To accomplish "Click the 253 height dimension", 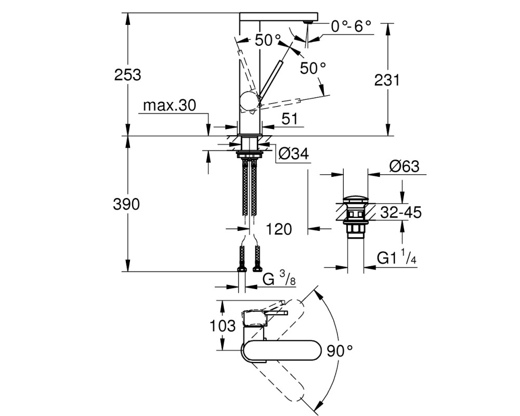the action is pos(128,75).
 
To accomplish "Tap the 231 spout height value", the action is pos(387,80).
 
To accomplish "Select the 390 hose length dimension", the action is pos(126,204).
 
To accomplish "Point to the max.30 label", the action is pos(170,106).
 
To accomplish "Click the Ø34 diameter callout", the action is pos(294,153).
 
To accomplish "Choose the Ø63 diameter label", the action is pos(405,166).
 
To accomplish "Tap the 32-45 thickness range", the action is pos(400,212).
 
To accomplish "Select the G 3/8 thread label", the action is pos(279,278).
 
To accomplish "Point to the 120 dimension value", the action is pos(279,229).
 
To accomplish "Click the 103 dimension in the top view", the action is pos(223,326).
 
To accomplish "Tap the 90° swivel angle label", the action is pos(340,351).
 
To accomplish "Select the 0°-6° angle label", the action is pos(351,26).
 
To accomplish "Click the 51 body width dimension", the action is pos(290,119).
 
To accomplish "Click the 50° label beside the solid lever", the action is pos(313,68).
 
